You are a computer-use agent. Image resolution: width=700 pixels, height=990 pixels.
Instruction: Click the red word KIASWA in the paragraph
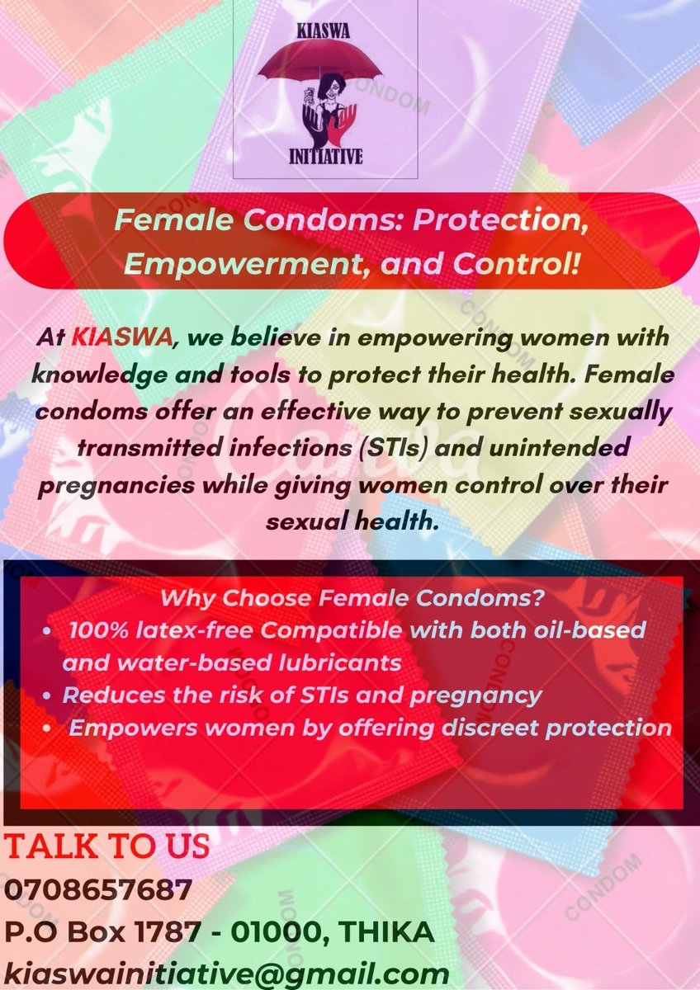pyautogui.click(x=107, y=338)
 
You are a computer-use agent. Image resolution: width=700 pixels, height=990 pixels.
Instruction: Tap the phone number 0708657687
pyautogui.click(x=99, y=890)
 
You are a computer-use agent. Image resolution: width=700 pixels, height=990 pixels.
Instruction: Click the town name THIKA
pyautogui.click(x=388, y=932)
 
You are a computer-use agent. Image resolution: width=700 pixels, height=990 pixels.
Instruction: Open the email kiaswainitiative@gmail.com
pyautogui.click(x=226, y=972)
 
